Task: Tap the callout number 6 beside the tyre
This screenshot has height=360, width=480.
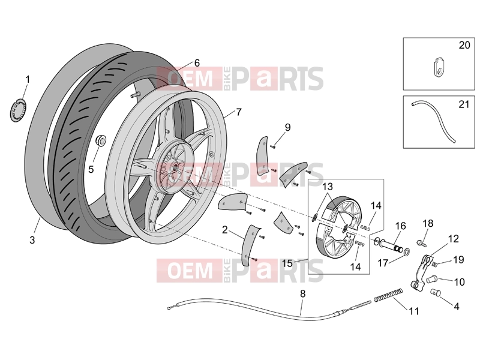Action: [x=197, y=63]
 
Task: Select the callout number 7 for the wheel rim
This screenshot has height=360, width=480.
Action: [x=239, y=112]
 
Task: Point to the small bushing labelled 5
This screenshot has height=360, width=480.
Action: [x=100, y=141]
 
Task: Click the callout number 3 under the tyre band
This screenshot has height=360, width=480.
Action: [x=32, y=240]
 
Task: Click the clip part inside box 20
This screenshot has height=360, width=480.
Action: [x=439, y=70]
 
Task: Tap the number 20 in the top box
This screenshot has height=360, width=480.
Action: [x=464, y=45]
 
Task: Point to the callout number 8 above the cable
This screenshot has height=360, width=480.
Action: [x=303, y=294]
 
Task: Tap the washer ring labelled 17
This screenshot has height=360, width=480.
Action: [x=407, y=252]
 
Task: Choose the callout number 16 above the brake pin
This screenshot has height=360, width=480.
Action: [x=400, y=226]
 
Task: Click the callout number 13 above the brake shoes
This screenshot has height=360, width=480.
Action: [x=327, y=187]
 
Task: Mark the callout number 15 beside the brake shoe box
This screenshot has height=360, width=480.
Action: [x=287, y=263]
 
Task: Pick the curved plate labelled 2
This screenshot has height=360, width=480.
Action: [x=250, y=245]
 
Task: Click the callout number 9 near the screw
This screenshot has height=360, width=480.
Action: [x=287, y=127]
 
